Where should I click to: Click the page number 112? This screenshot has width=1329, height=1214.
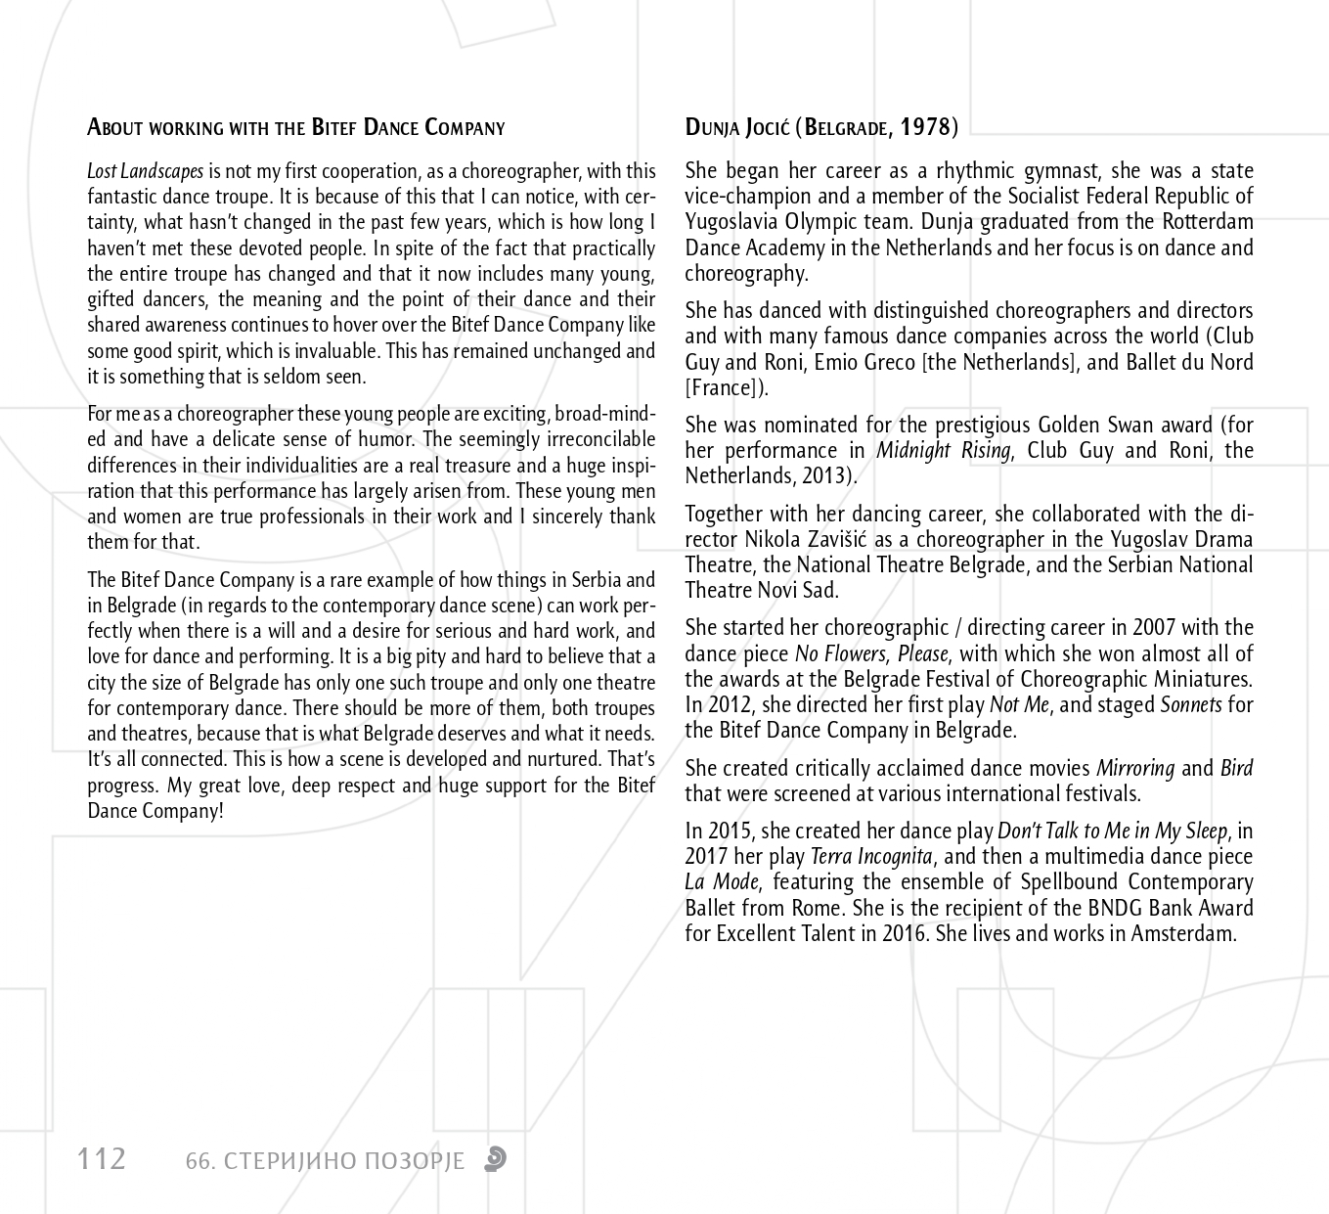point(102,1159)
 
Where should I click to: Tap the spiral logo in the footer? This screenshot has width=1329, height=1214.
point(496,1159)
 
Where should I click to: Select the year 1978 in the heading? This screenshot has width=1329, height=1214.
point(924,127)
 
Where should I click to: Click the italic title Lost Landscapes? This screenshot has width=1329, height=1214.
point(146,171)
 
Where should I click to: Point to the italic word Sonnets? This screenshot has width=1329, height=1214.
point(1191,704)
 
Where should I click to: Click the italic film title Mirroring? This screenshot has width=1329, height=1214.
point(1135,769)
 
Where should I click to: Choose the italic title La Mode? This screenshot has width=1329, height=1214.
point(721,882)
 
